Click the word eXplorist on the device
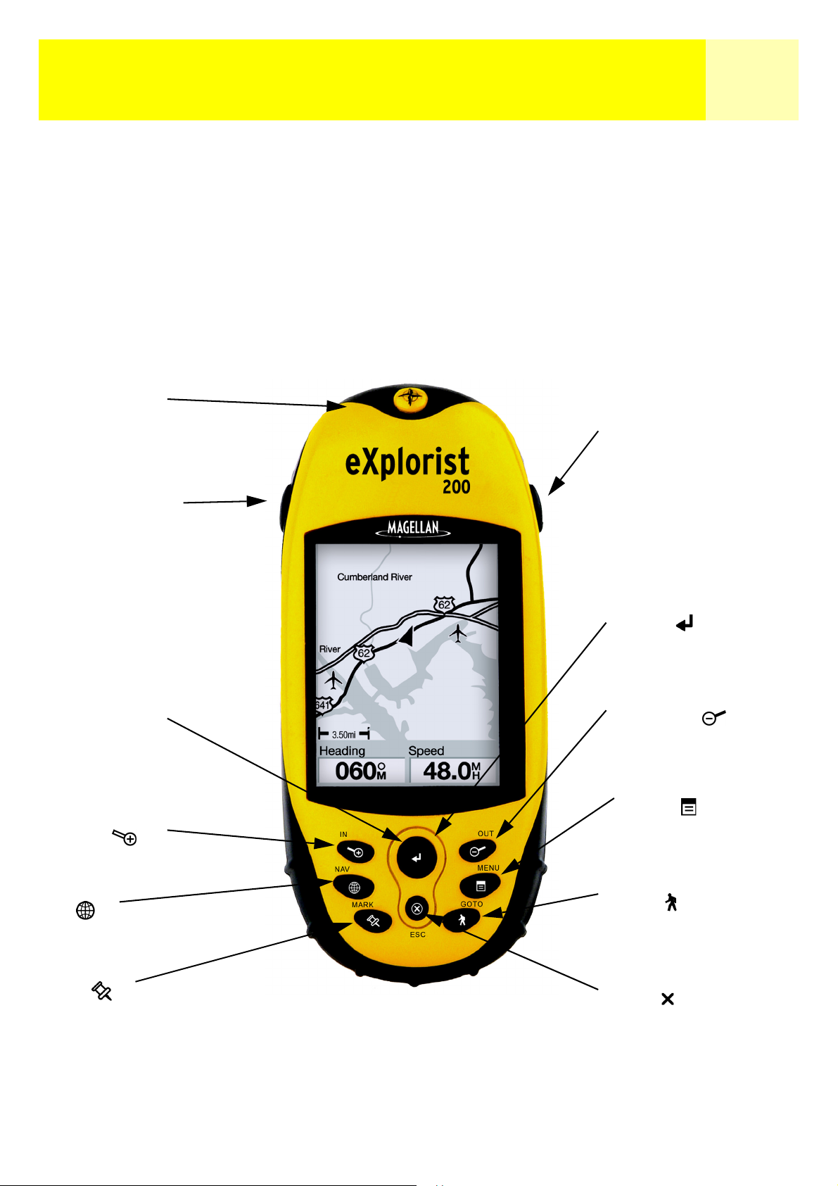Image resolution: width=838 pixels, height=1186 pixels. coord(407,462)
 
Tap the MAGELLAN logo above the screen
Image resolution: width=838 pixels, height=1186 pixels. coord(413,529)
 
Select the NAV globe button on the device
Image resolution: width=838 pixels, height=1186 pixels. coord(354,888)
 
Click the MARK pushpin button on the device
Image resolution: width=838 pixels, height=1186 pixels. coord(373,922)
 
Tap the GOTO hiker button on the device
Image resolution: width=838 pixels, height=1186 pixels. coord(462,921)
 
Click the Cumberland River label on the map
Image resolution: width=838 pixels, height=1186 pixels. coord(375,577)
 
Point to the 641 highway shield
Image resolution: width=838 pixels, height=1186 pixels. coord(322,705)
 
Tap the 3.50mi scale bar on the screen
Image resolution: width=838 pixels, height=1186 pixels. coord(344,734)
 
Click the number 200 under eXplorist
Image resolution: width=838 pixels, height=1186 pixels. coord(457,486)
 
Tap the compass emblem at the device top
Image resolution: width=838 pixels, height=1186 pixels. coord(411,397)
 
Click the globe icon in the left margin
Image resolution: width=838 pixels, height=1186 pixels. coord(85,910)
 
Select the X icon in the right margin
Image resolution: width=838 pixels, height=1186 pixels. coord(668,999)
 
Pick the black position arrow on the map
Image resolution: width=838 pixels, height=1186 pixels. coord(406,635)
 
